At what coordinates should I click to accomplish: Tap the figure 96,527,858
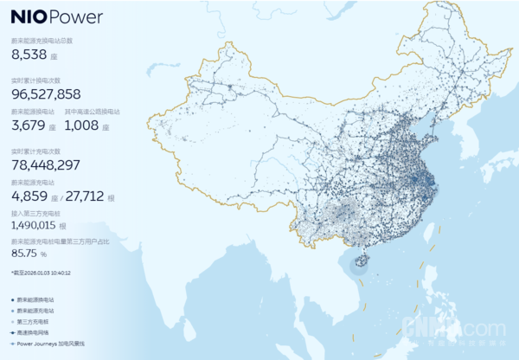[x=46, y=93]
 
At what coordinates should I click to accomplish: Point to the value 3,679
[x=29, y=125]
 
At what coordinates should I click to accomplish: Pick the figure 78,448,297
[x=46, y=165]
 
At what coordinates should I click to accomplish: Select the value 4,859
[x=29, y=196]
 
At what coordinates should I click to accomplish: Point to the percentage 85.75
[x=28, y=254]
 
